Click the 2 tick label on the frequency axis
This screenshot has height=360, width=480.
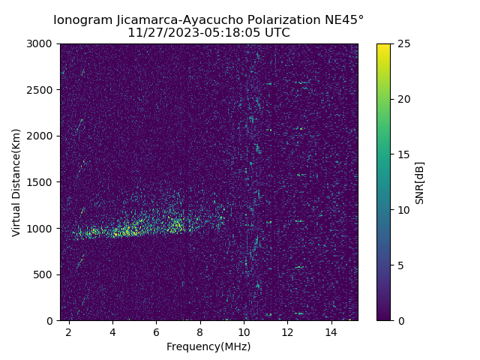69,331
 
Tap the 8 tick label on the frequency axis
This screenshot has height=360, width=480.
200,331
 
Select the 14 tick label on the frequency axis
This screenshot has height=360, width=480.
331,331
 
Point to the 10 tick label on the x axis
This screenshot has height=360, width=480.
244,331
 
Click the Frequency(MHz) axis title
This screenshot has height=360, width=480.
208,346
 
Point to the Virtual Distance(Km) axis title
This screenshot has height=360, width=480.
16,182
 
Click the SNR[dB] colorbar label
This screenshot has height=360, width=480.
420,182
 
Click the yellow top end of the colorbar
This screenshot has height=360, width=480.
383,46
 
